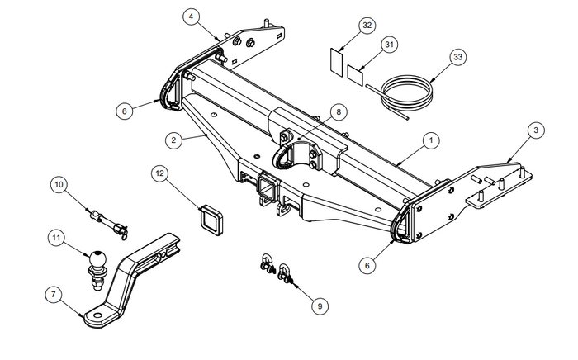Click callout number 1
point(431,141)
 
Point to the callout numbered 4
point(192,17)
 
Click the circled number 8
point(336,111)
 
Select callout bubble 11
point(56,239)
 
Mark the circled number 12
point(160,173)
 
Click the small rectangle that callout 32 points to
point(334,61)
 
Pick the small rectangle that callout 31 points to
point(356,74)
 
